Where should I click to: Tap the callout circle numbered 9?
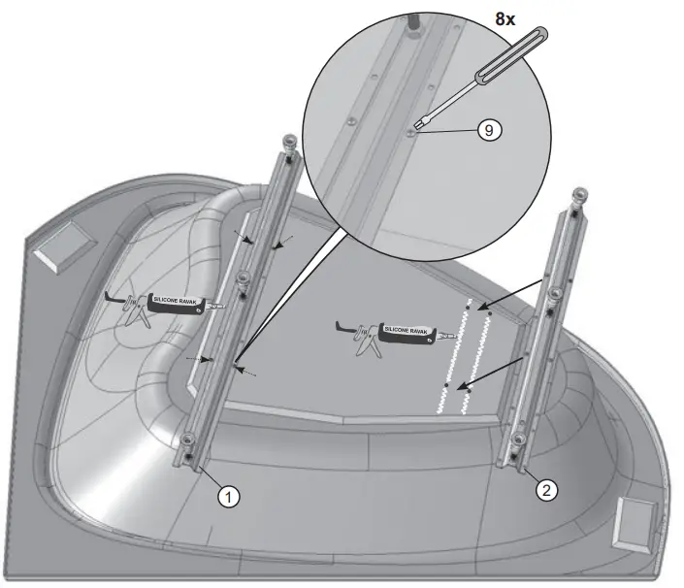tap(489, 130)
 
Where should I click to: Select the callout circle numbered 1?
tap(228, 496)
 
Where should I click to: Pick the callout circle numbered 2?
tap(547, 489)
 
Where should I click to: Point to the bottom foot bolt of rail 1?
tap(187, 453)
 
